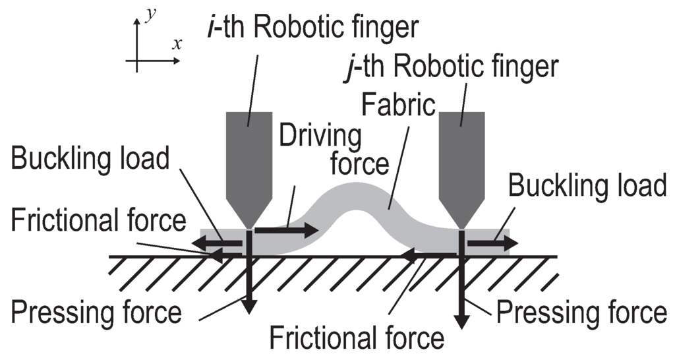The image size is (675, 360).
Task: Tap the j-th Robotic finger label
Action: click(452, 67)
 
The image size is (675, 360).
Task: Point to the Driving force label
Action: click(320, 149)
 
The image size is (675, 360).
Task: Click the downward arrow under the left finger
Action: click(249, 277)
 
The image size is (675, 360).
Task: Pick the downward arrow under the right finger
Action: click(463, 284)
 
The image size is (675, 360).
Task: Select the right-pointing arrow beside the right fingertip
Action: click(492, 243)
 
